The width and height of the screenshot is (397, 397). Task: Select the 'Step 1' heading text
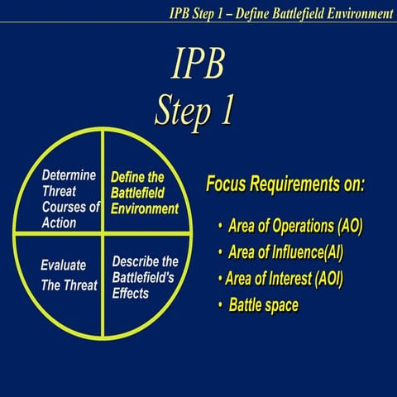click(195, 108)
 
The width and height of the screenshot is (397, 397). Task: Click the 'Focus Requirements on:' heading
click(285, 183)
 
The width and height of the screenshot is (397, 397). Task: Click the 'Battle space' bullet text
click(264, 305)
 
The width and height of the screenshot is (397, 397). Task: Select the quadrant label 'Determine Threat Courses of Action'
click(69, 199)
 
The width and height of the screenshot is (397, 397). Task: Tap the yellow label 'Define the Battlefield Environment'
click(144, 193)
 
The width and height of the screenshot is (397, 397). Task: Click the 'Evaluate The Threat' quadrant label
click(69, 275)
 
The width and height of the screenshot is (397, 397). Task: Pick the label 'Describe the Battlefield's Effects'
click(145, 276)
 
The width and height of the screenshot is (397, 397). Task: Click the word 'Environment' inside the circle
click(145, 208)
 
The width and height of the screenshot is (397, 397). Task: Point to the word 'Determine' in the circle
click(69, 175)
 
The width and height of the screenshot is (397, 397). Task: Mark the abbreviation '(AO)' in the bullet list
click(346, 225)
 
